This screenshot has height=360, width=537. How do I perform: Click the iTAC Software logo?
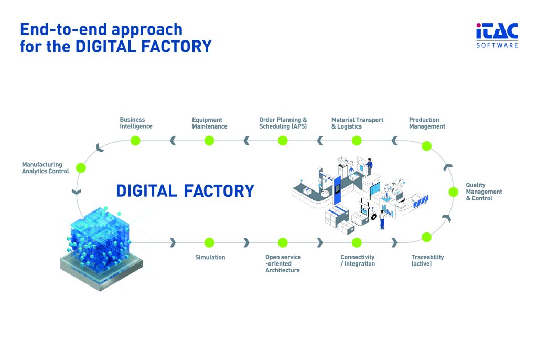(x=497, y=35)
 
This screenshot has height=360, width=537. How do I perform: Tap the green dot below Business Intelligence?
(x=135, y=140)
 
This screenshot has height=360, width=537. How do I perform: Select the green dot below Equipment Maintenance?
(x=209, y=140)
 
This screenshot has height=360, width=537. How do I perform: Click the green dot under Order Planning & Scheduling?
(x=283, y=140)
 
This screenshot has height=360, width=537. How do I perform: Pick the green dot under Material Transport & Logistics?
(x=357, y=140)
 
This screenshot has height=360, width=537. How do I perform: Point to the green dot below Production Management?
(x=426, y=146)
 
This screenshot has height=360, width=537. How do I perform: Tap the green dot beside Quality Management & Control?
(x=454, y=192)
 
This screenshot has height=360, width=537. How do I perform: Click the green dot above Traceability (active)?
(x=426, y=237)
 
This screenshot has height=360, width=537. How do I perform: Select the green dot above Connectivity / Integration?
(x=357, y=242)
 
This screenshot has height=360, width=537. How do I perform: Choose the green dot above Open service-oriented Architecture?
(x=283, y=242)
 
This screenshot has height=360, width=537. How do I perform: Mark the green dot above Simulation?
(x=209, y=242)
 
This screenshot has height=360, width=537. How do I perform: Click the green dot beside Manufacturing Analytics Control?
(x=81, y=168)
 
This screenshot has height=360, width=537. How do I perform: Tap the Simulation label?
(x=210, y=257)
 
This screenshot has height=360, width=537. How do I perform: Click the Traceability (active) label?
(x=427, y=260)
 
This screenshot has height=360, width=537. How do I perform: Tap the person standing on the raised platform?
(x=369, y=166)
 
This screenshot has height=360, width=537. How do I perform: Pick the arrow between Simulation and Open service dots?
(x=246, y=242)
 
